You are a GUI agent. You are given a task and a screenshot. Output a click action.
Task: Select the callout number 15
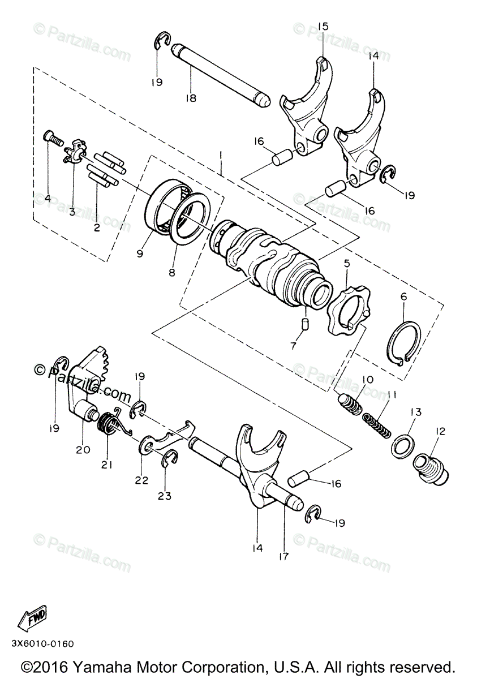323,27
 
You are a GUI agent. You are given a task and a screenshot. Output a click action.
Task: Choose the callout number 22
141,480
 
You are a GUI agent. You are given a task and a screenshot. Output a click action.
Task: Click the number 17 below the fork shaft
283,556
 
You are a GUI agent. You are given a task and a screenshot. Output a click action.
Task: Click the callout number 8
172,272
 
